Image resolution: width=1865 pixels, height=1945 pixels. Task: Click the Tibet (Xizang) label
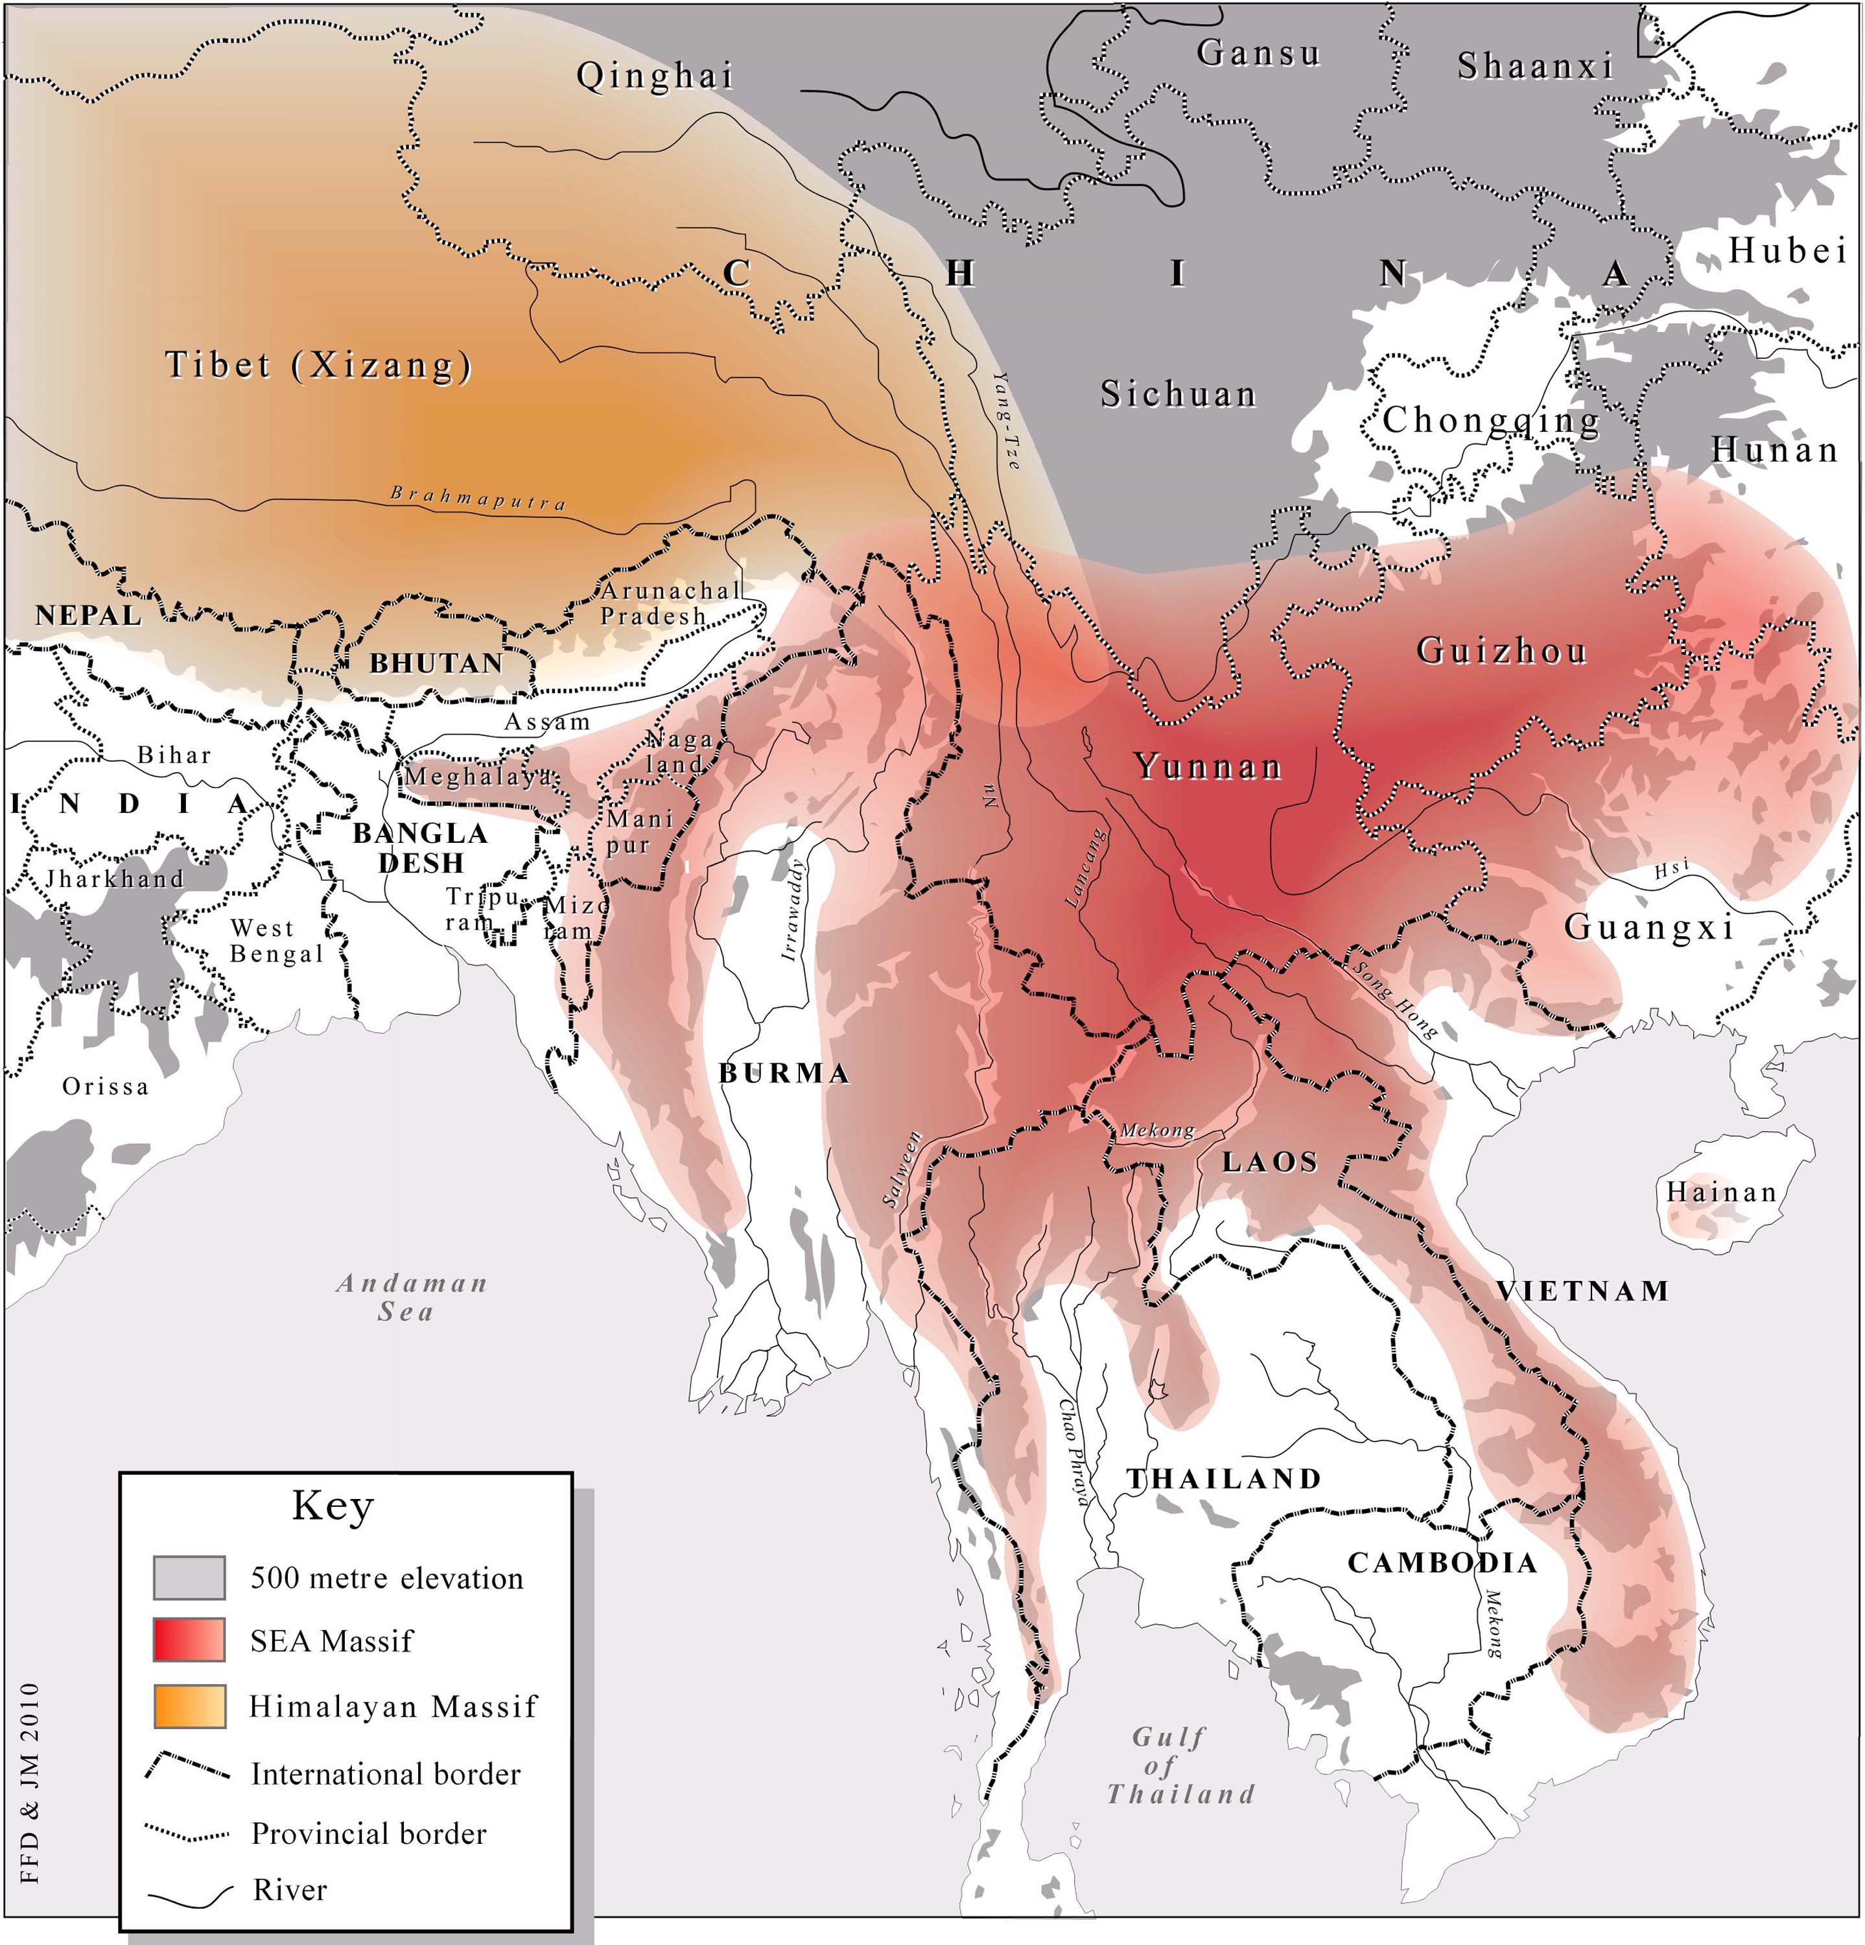pyautogui.click(x=318, y=365)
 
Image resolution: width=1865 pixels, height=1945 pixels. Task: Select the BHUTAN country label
pyautogui.click(x=436, y=663)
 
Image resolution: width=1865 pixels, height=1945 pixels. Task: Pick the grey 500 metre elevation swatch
pyautogui.click(x=189, y=1578)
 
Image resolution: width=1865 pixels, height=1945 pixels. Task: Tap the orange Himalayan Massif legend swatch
pyautogui.click(x=189, y=1706)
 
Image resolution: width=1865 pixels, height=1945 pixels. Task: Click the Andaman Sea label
pyautogui.click(x=411, y=1297)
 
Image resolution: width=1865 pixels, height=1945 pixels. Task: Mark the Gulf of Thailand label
pyautogui.click(x=1180, y=1765)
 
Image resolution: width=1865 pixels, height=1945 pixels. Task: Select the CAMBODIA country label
pyautogui.click(x=1442, y=1563)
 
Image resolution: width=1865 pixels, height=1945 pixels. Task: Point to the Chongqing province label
pyautogui.click(x=1491, y=421)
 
